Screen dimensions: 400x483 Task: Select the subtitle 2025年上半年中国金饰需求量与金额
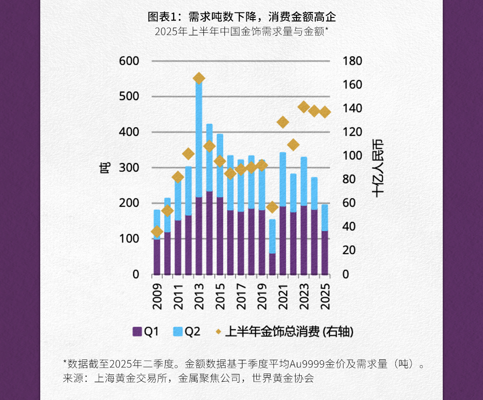(x=241, y=32)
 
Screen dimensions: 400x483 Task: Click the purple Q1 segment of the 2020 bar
(x=272, y=264)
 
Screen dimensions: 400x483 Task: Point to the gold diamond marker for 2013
(x=199, y=79)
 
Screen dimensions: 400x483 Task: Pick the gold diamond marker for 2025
(x=325, y=112)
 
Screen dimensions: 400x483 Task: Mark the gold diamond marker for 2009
(x=157, y=232)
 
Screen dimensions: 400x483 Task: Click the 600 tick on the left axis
(x=129, y=61)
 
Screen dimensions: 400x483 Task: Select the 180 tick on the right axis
(x=352, y=61)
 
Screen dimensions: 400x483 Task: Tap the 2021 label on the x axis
(x=283, y=297)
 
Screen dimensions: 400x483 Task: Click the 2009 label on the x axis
(x=157, y=297)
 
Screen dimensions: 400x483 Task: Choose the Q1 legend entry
(x=145, y=332)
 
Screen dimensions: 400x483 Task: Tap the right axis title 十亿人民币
(x=378, y=168)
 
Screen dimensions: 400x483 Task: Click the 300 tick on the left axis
(x=129, y=168)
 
